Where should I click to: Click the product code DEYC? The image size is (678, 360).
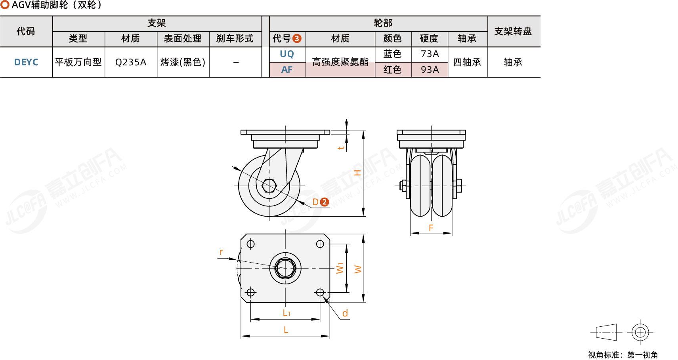coord(26,62)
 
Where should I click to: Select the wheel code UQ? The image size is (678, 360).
coord(287,54)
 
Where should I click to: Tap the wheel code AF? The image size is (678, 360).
coord(287,70)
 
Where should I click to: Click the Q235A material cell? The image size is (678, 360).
coord(131,62)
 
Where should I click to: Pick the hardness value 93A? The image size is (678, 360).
coord(430,70)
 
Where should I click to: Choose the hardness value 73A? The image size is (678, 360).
coord(430,54)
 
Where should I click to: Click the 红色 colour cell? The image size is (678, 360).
coord(392,70)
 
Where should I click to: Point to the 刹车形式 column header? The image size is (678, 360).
coord(235,38)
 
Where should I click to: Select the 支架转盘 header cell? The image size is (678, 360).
coord(513,31)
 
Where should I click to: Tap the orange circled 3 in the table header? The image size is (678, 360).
coord(297,39)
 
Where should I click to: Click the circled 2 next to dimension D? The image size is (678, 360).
coord(324,202)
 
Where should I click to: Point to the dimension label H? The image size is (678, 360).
coord(357,173)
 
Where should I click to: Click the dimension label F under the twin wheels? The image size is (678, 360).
coord(431,228)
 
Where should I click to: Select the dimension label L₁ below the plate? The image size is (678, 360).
coord(286,313)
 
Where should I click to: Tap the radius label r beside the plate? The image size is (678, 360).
coord(221,252)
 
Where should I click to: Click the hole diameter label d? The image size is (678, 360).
coord(345,313)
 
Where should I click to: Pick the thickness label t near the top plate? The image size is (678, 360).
coord(341,148)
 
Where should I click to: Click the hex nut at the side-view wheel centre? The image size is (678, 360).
coord(269,185)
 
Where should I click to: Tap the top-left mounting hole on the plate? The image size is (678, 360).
coord(251,244)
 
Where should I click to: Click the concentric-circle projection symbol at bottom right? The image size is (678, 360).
coord(640,332)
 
